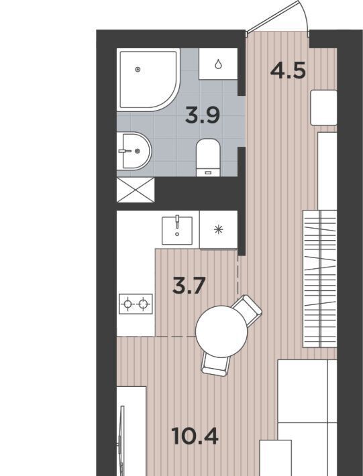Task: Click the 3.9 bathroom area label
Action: tap(203, 116)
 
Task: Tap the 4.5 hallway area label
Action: tap(288, 71)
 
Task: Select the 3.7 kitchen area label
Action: tap(189, 286)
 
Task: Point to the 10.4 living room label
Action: tap(195, 436)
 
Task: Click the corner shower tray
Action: tap(148, 80)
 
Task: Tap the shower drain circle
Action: tap(138, 70)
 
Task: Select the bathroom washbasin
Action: tap(134, 151)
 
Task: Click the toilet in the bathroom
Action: tap(208, 158)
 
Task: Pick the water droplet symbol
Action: tap(218, 64)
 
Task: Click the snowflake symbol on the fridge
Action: tap(219, 229)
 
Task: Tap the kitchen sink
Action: tap(177, 231)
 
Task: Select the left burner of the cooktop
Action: tap(127, 304)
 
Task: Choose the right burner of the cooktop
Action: tap(144, 304)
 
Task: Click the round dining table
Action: tap(221, 331)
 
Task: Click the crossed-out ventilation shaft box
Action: tap(136, 190)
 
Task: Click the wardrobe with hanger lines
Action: tap(320, 279)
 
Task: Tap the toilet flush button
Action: tap(208, 173)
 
